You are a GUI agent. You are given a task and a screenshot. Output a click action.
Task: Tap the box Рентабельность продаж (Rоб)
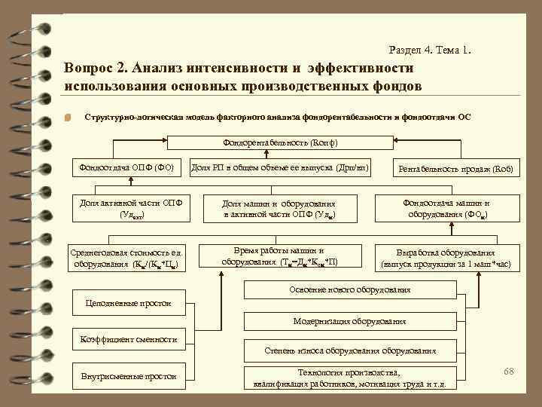[456, 169]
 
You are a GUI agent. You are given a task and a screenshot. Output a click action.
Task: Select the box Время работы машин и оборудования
[279, 256]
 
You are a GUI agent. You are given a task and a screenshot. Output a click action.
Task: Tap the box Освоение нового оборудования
[350, 290]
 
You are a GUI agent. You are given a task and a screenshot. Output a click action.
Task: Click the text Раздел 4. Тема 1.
[431, 50]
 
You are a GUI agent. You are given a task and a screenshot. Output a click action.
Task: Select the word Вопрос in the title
[90, 69]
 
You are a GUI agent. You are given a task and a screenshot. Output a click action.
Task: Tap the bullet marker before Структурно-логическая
[67, 118]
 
